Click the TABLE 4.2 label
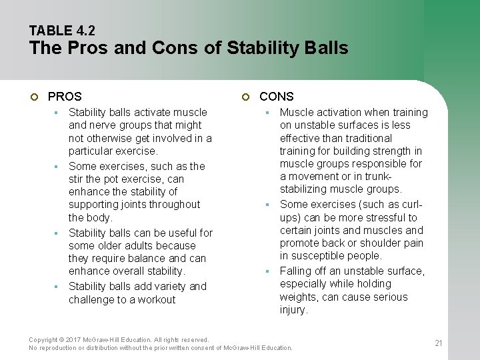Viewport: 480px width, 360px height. pos(62,30)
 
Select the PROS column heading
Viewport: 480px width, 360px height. pos(65,97)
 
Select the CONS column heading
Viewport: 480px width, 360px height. pos(277,97)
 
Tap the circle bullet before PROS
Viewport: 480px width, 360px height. pos(35,97)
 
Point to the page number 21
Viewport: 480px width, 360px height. pos(438,343)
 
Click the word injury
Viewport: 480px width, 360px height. pos(293,309)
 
